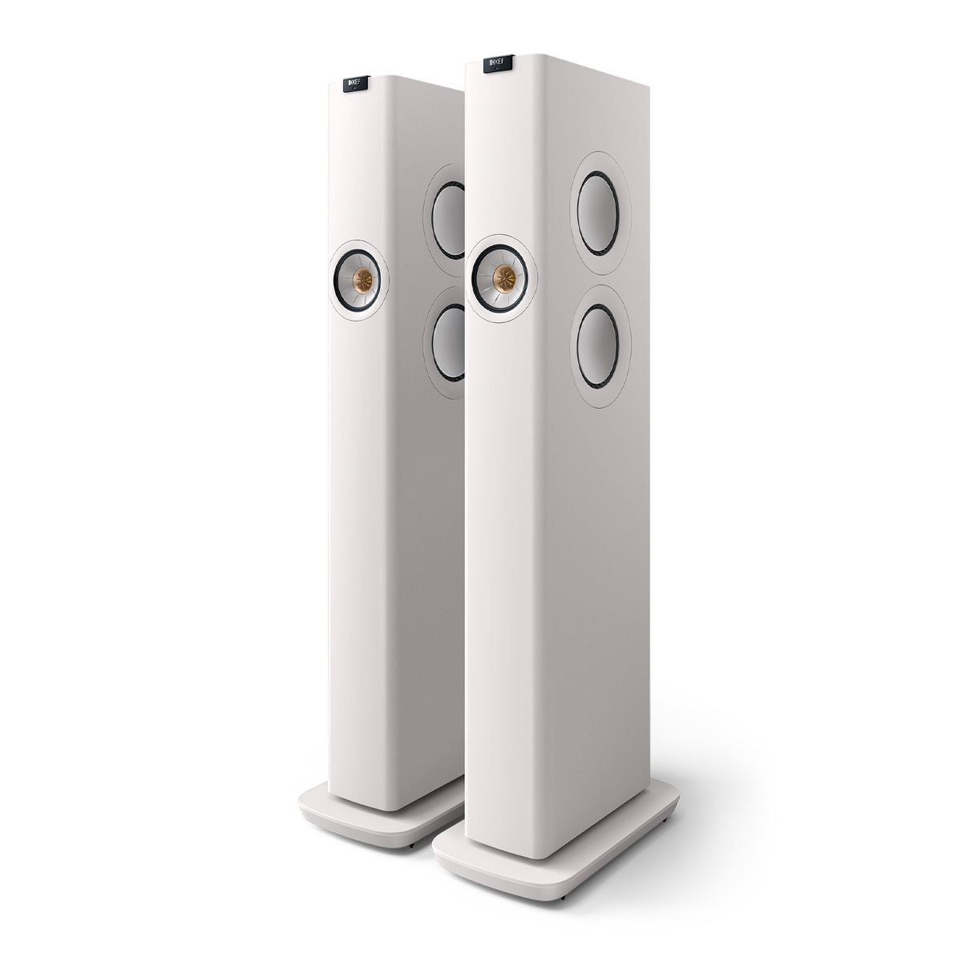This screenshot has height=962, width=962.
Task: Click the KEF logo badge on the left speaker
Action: [x=354, y=83]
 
